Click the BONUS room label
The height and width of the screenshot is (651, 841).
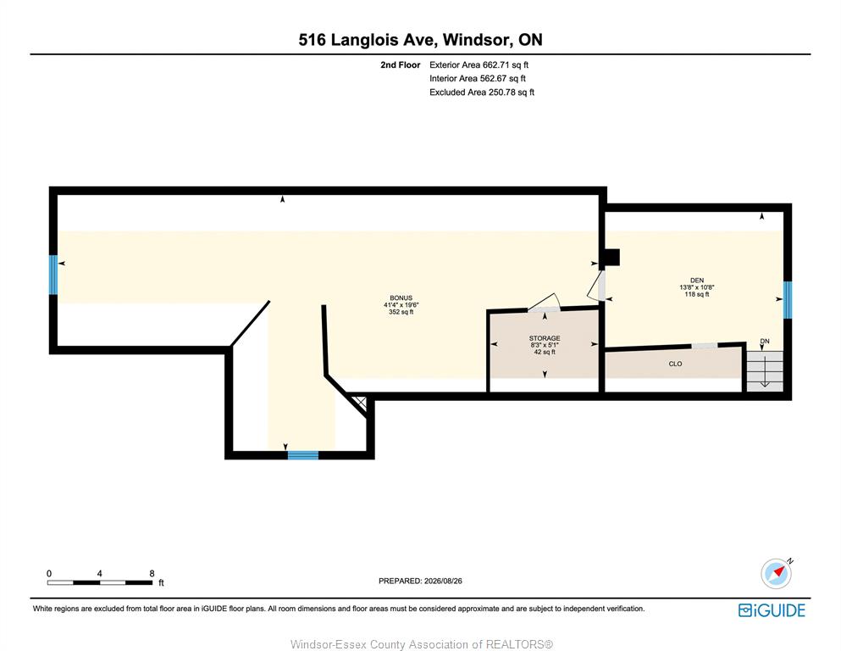pos(401,298)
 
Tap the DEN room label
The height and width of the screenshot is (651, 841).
pos(697,280)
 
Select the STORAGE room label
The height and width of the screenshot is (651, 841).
pos(545,338)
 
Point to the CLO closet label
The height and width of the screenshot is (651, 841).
pos(675,364)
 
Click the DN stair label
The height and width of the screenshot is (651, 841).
pos(765,342)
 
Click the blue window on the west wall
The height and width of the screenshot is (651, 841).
pos(53,275)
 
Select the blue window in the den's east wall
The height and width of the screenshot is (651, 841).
pos(788,300)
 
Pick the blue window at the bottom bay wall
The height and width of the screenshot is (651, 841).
pos(303,455)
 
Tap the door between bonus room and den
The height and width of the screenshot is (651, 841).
pos(596,287)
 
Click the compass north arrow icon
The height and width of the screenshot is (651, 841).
pos(776,573)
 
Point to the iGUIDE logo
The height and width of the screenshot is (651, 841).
pos(772,610)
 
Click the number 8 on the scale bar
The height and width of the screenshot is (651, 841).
pos(152,573)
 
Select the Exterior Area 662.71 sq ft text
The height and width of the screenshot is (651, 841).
pos(479,65)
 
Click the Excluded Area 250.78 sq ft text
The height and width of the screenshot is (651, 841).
pos(482,92)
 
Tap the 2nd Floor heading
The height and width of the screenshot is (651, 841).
pos(400,65)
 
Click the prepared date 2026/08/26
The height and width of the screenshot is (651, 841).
pos(443,581)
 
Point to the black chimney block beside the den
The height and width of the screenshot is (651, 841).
pos(611,258)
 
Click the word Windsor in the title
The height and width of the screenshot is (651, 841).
pos(476,40)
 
